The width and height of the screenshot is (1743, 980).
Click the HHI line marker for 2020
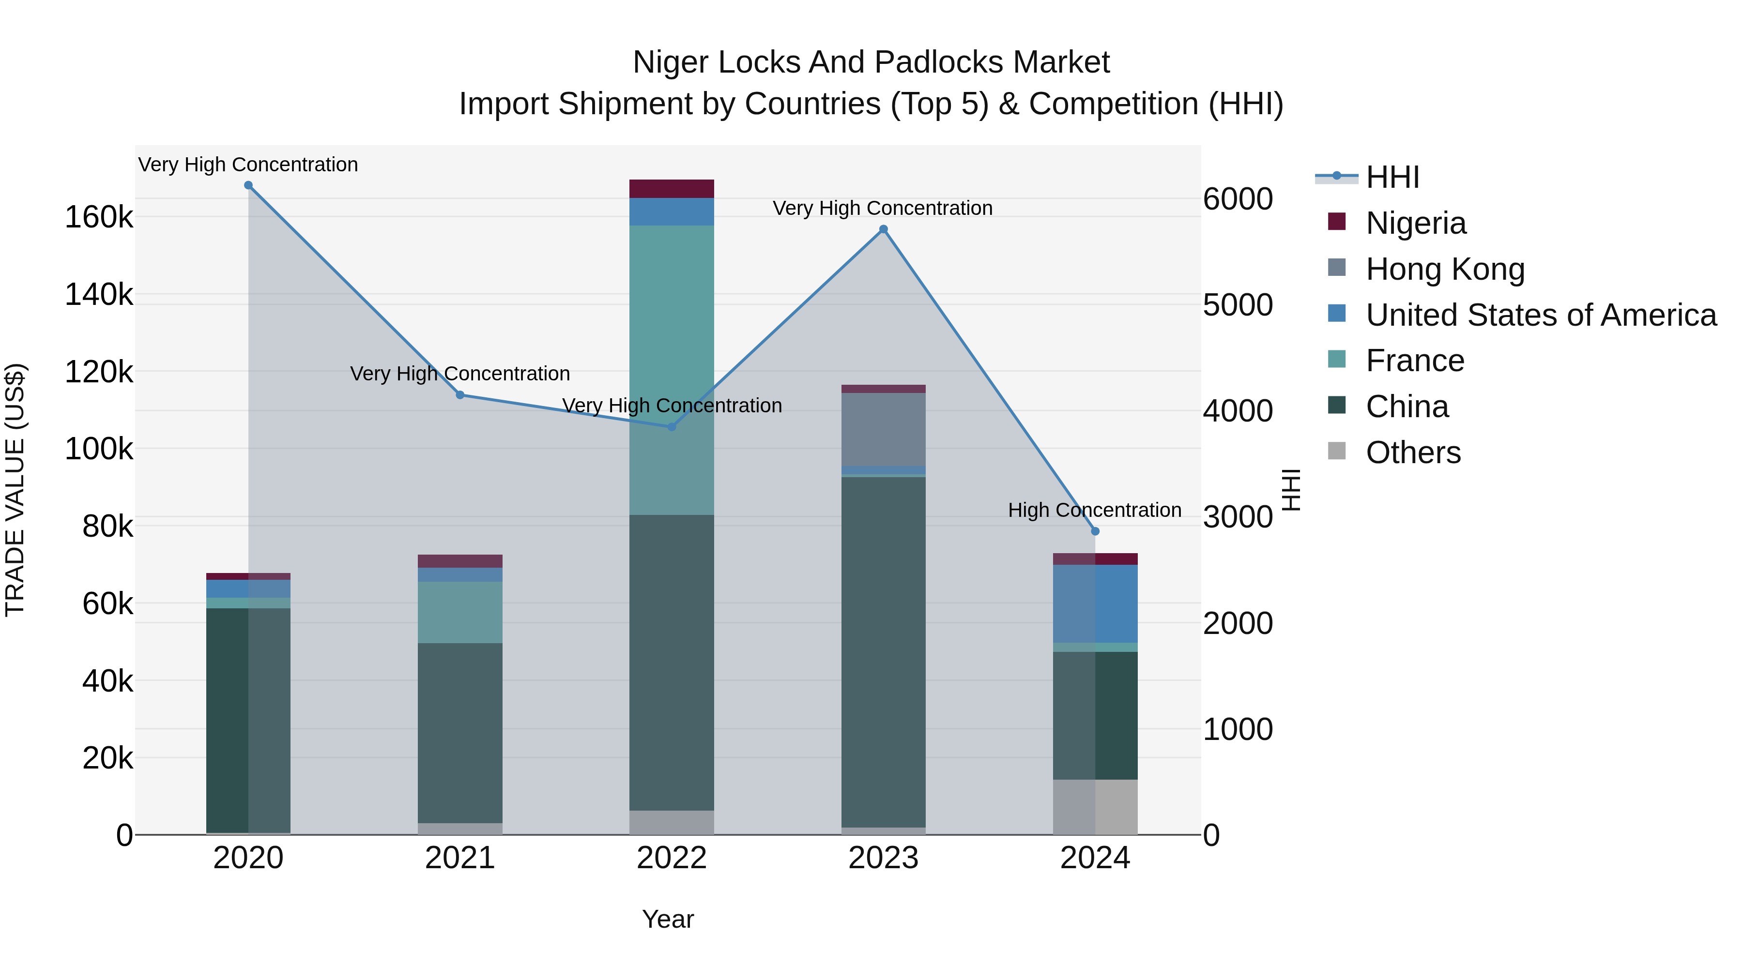(248, 185)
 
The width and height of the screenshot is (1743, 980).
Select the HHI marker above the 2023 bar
(883, 229)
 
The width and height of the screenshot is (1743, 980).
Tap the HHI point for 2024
(1095, 531)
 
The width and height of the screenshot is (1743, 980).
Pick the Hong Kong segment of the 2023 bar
(883, 429)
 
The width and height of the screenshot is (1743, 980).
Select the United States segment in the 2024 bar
(1095, 603)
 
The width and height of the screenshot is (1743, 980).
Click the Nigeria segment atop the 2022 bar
(671, 189)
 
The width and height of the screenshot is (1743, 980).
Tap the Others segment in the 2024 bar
(1095, 807)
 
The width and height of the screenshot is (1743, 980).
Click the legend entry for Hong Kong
(1445, 269)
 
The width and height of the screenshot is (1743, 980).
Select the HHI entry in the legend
(1392, 177)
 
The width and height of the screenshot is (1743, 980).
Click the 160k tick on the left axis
(99, 218)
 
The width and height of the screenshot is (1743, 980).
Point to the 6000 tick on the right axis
(1238, 199)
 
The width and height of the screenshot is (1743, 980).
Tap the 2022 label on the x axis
(671, 858)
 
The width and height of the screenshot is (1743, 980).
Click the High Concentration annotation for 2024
(1094, 510)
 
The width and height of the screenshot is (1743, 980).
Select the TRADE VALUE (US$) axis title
(15, 490)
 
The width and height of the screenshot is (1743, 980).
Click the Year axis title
(668, 919)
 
